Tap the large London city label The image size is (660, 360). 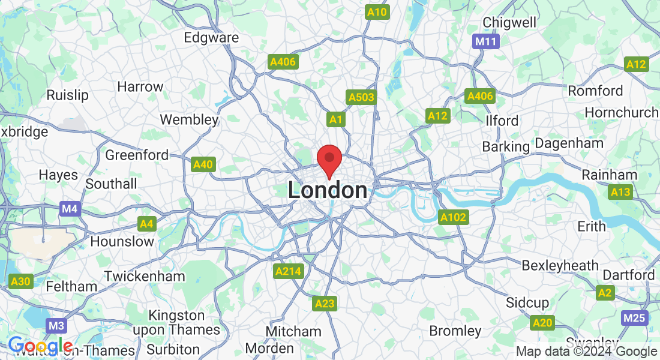pos(328,190)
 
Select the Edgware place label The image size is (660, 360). pos(211,37)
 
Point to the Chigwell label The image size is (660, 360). pos(509,22)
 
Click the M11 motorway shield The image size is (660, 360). pos(485,41)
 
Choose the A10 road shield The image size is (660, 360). pos(377,12)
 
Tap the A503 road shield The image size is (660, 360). pos(361,98)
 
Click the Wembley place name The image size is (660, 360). pos(189,119)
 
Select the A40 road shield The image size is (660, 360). pos(203,164)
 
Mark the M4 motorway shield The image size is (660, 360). pos(70,209)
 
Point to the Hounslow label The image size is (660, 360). pos(122,241)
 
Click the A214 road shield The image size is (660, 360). pos(289,271)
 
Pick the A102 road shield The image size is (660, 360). pos(452,217)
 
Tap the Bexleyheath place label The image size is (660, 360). pos(560,265)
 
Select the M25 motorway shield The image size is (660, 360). pos(635,318)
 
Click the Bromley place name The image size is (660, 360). pos(455,331)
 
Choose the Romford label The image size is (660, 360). pos(595,91)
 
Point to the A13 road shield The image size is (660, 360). pos(620,192)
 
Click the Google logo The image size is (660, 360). pos(40,346)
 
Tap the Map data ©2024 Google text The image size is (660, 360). pos(586,352)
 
